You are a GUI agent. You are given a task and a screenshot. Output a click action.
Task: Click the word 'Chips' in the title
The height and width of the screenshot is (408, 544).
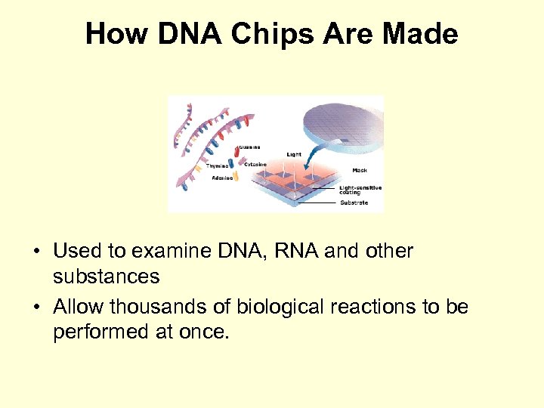pyautogui.click(x=252, y=34)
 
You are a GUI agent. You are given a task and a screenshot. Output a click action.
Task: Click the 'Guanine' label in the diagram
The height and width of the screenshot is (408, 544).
pyautogui.click(x=250, y=147)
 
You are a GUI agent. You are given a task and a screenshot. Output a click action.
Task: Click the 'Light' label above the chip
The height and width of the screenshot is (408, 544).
pyautogui.click(x=294, y=154)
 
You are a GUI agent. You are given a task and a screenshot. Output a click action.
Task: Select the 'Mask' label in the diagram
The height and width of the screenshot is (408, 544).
pyautogui.click(x=360, y=170)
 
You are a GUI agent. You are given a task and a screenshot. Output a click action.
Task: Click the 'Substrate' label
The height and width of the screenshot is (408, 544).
pyautogui.click(x=354, y=202)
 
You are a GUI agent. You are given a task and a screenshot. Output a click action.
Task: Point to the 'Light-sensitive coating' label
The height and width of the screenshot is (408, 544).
pyautogui.click(x=360, y=189)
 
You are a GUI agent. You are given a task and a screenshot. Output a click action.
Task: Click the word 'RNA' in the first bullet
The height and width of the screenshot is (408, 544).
pyautogui.click(x=294, y=251)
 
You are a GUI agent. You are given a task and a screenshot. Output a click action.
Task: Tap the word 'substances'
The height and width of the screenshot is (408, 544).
pyautogui.click(x=106, y=277)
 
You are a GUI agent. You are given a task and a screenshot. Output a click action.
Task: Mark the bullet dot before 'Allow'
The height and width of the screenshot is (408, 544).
pyautogui.click(x=38, y=308)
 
